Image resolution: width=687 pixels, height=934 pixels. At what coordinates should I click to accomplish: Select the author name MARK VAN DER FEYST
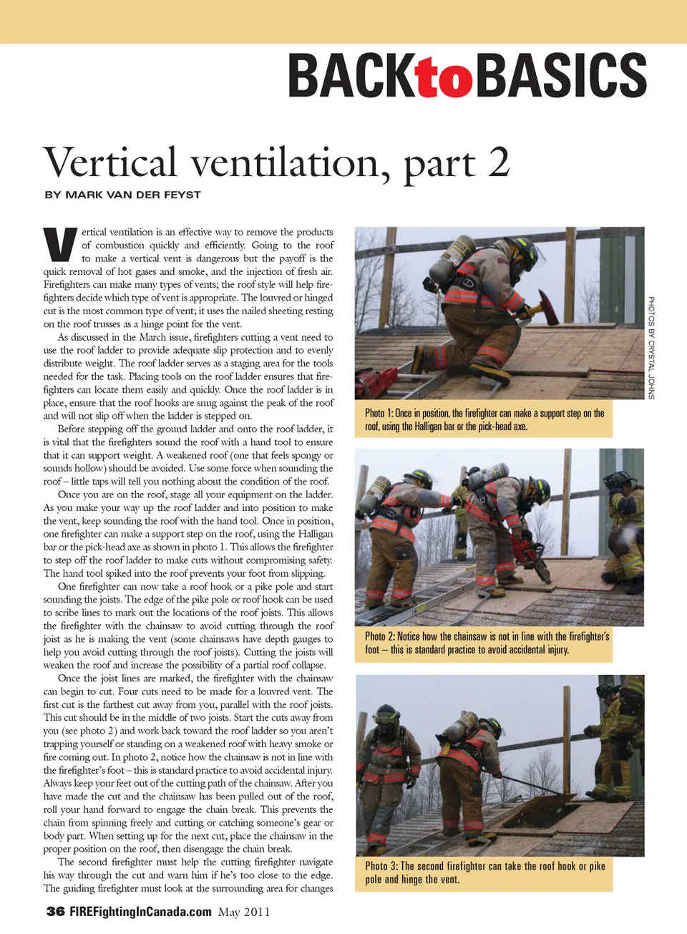coord(132,195)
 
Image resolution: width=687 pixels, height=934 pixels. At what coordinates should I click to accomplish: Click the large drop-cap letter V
coord(60,245)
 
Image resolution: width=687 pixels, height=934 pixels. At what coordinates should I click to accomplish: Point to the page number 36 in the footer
coord(55,911)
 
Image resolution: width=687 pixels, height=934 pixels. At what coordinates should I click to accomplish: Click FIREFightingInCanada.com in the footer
coord(140,911)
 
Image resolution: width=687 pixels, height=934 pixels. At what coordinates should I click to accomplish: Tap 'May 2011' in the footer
coord(244,912)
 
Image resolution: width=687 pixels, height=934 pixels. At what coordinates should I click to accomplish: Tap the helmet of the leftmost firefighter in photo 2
coord(417,477)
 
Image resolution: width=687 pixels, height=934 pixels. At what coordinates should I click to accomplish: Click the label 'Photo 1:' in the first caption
coord(379,413)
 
